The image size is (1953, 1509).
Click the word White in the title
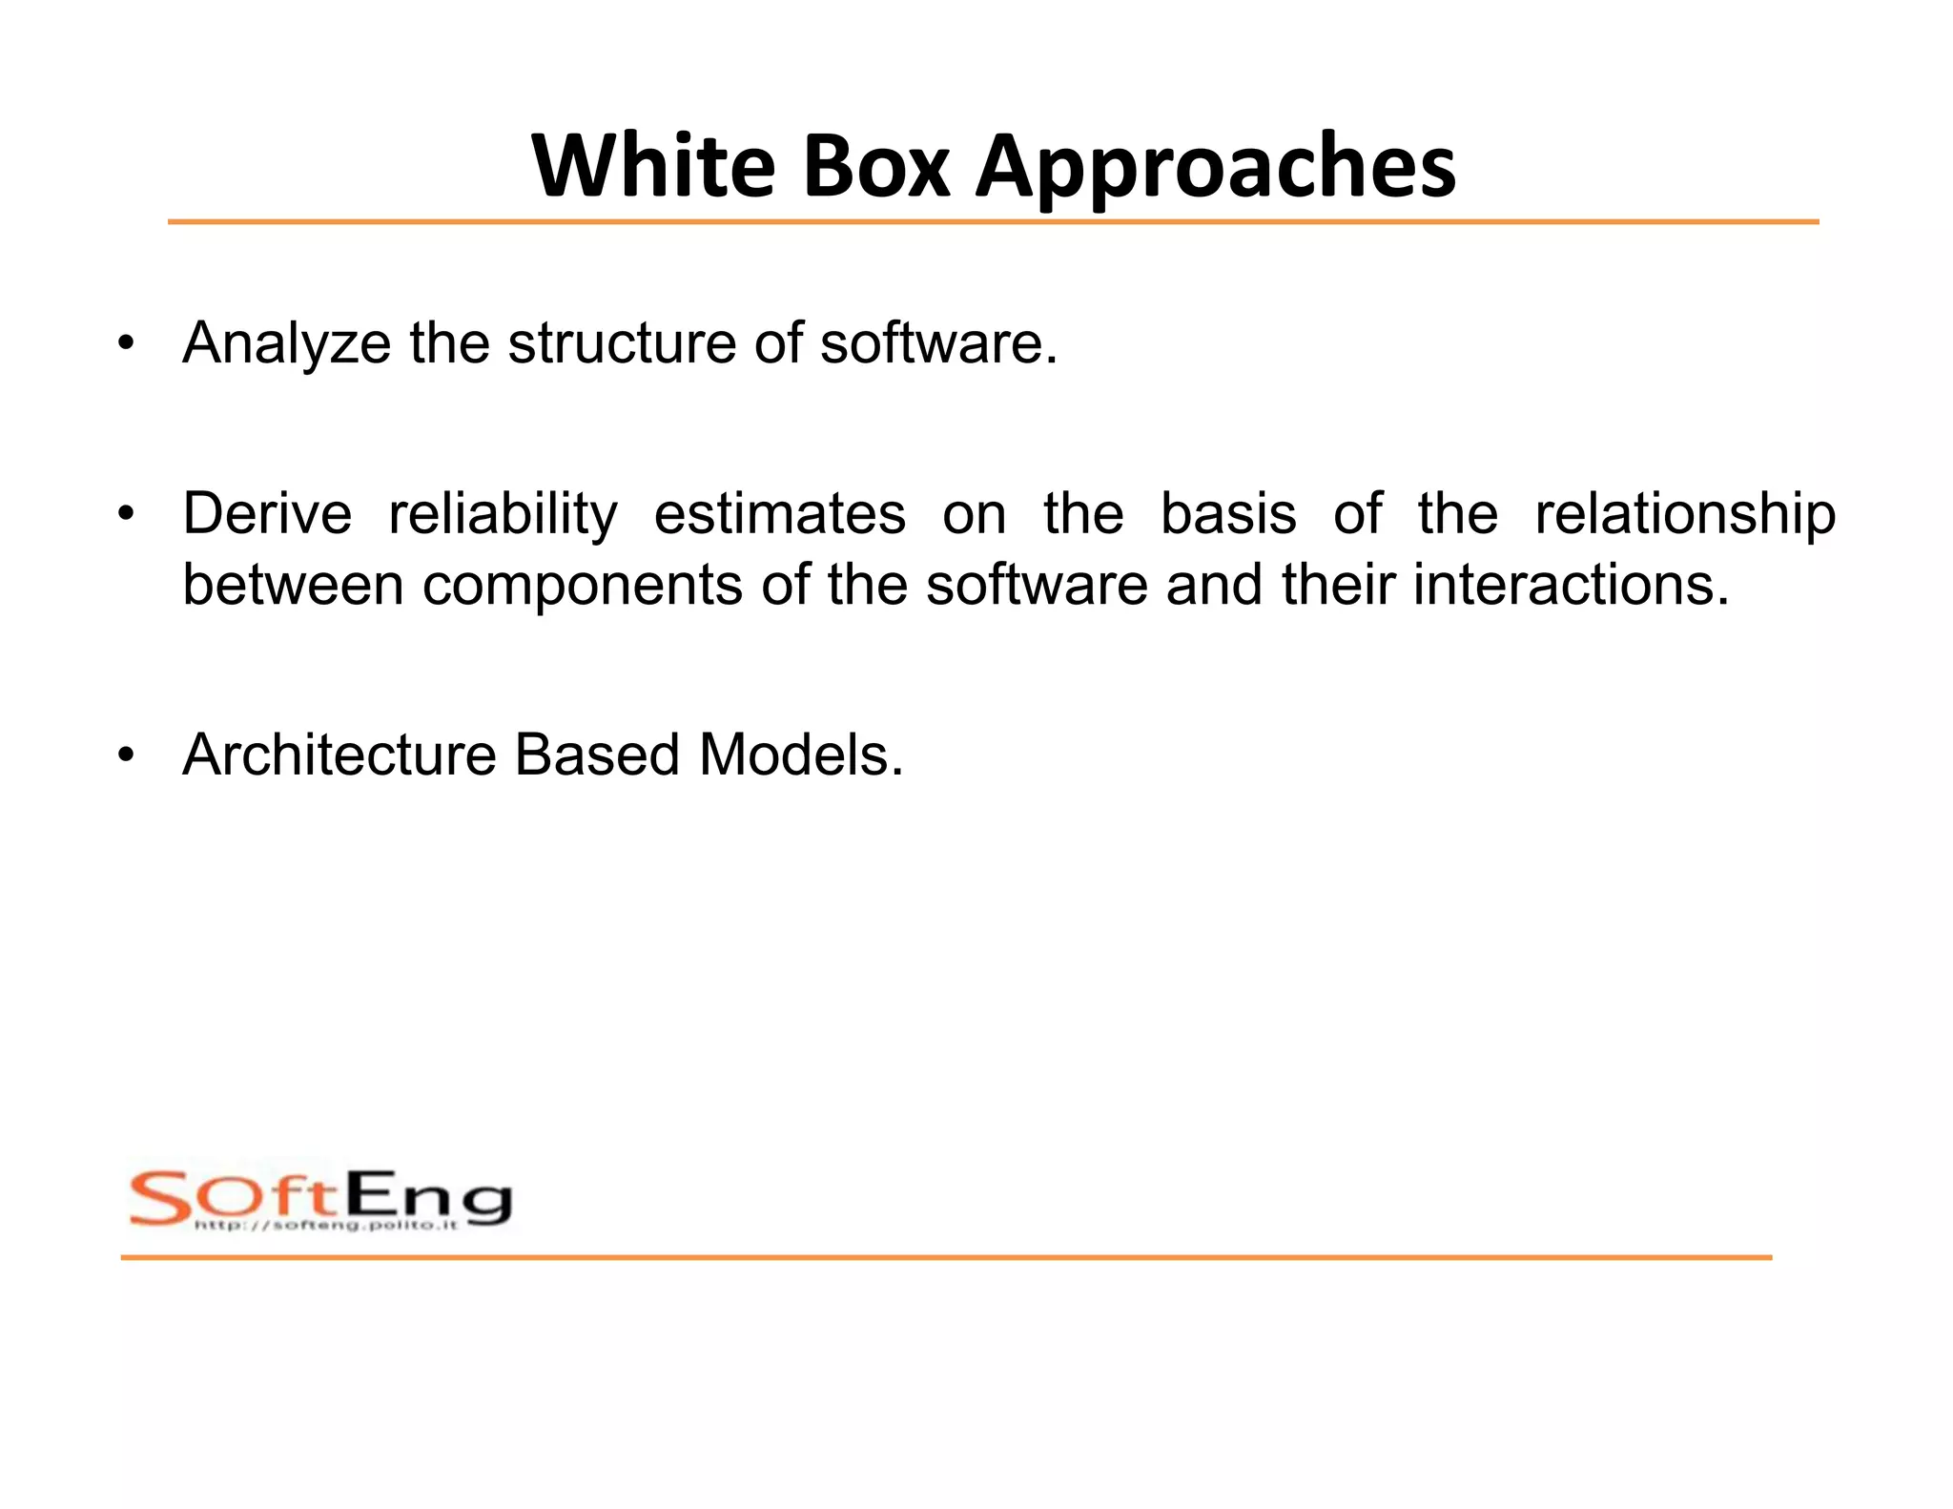pyautogui.click(x=654, y=167)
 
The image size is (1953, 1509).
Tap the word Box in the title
pyautogui.click(x=876, y=167)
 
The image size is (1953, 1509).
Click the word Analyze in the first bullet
pyautogui.click(x=286, y=343)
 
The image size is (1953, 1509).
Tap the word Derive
pyautogui.click(x=267, y=514)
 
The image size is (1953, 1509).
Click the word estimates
pyautogui.click(x=779, y=514)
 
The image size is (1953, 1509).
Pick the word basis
pyautogui.click(x=1228, y=514)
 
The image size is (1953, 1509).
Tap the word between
pyautogui.click(x=293, y=585)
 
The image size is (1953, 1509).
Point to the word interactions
pyautogui.click(x=1570, y=585)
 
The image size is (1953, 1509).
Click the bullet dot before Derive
pyautogui.click(x=126, y=515)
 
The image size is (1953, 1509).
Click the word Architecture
pyautogui.click(x=339, y=755)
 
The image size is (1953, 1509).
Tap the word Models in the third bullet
pyautogui.click(x=800, y=755)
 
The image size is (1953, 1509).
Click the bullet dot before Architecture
pyautogui.click(x=126, y=755)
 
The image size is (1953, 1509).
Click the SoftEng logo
pyautogui.click(x=320, y=1198)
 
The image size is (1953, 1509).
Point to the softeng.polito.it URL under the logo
pyautogui.click(x=326, y=1225)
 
